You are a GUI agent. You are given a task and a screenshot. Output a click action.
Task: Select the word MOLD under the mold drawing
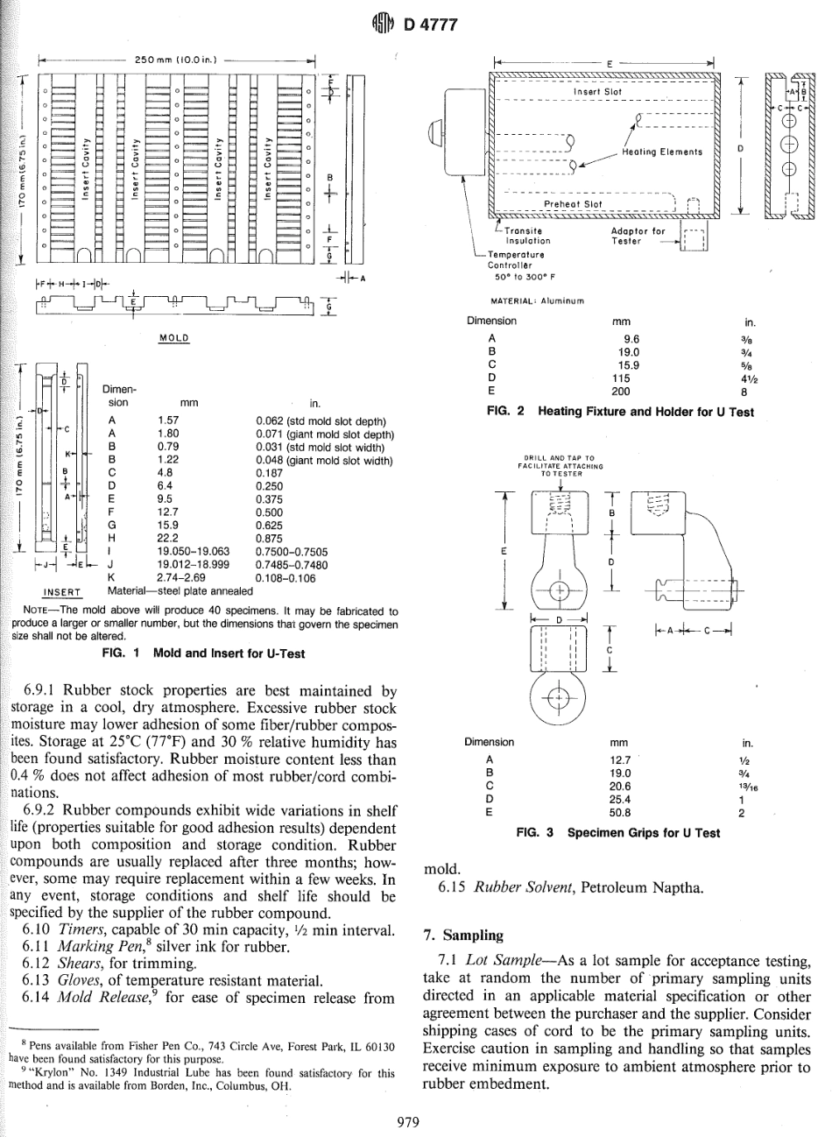[172, 337]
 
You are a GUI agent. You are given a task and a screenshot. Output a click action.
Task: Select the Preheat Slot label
[571, 206]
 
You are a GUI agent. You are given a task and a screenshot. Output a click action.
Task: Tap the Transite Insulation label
[527, 235]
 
